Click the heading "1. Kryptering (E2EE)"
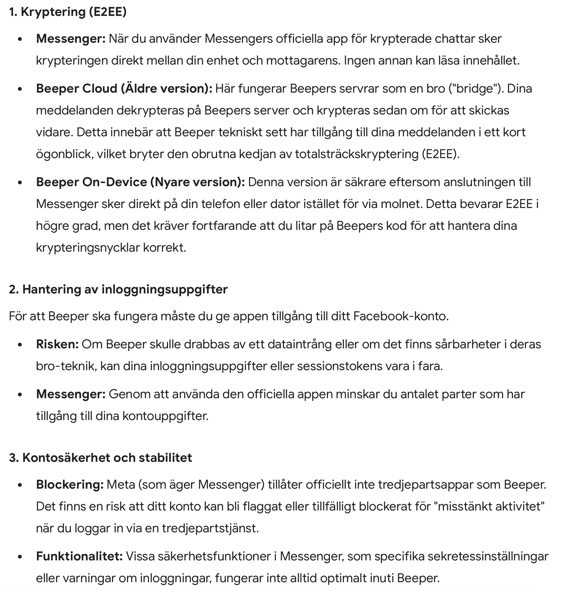coord(67,12)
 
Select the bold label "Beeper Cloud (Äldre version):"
coord(124,89)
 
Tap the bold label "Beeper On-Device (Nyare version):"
coord(140,182)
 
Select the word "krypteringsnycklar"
coord(88,248)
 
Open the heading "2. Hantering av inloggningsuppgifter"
coord(118,289)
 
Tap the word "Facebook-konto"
coord(400,316)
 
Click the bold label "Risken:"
coord(57,344)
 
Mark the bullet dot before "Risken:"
coord(20,345)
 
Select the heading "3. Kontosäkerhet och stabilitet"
coord(100,458)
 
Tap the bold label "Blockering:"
coord(70,485)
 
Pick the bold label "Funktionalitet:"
coord(79,556)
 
